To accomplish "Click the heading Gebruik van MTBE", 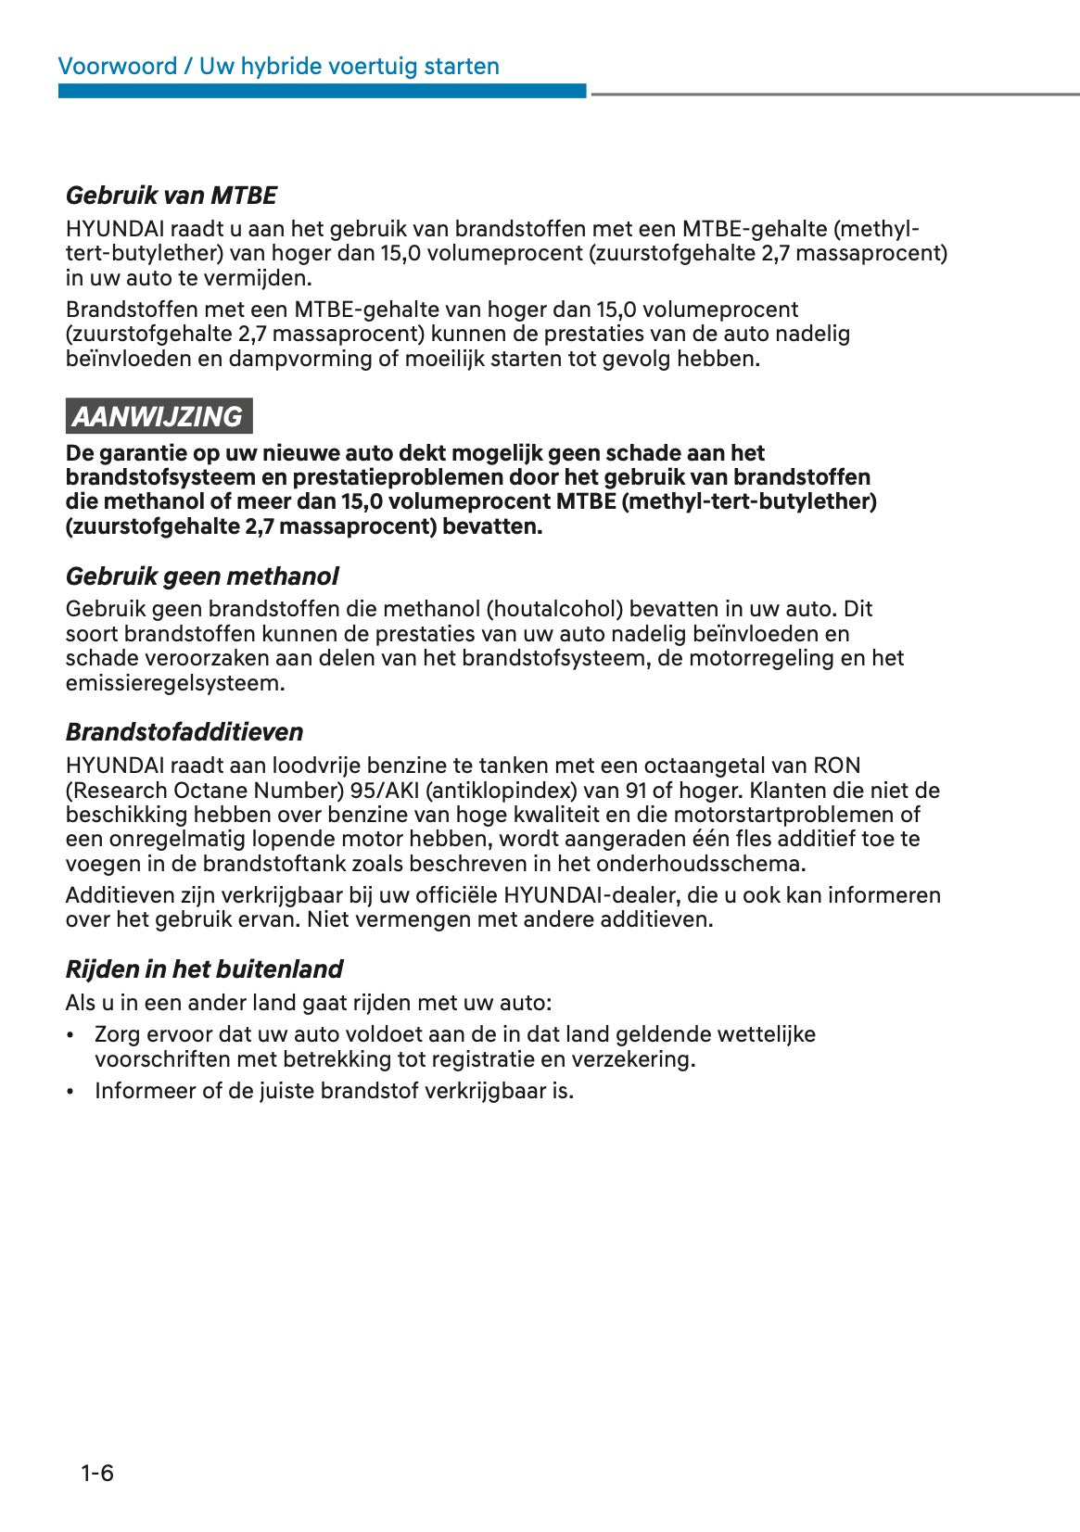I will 171,196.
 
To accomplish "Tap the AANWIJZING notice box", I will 159,416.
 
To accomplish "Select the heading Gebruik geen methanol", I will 201,576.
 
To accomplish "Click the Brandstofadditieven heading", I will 184,732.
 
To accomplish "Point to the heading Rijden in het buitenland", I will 204,969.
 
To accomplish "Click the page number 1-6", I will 96,1473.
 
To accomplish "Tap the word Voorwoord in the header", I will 117,67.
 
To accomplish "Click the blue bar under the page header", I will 322,91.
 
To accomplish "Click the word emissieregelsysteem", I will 175,683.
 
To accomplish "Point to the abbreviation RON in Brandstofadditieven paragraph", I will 836,766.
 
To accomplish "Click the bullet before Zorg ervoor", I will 70,1035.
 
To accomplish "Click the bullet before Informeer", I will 70,1092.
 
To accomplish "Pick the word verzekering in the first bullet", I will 631,1059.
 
